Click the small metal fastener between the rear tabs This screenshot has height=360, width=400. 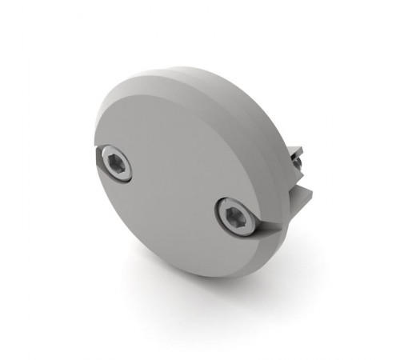(297, 164)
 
